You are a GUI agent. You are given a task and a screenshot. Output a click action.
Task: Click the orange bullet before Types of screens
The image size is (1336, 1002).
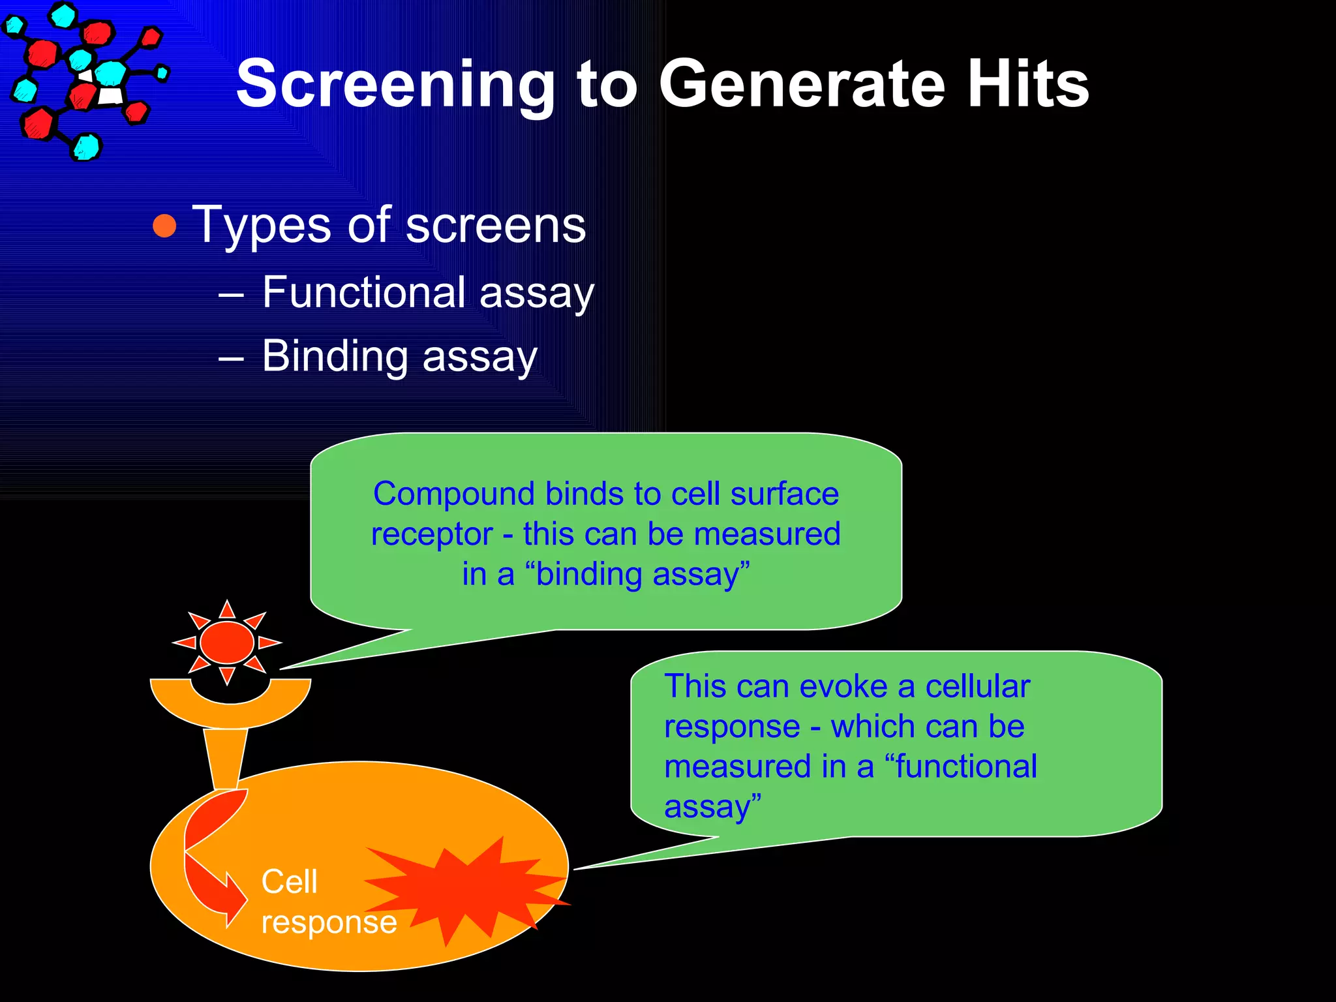pyautogui.click(x=164, y=226)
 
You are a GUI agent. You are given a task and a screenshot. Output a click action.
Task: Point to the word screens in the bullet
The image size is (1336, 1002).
pyautogui.click(x=496, y=226)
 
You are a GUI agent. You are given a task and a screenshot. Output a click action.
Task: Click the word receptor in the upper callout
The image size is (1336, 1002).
pyautogui.click(x=431, y=534)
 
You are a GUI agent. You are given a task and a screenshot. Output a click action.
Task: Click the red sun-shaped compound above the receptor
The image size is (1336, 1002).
pyautogui.click(x=227, y=642)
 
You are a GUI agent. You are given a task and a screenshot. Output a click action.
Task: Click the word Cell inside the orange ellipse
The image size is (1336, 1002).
pyautogui.click(x=289, y=881)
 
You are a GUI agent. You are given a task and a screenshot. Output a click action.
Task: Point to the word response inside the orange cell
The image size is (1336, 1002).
pyautogui.click(x=329, y=922)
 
